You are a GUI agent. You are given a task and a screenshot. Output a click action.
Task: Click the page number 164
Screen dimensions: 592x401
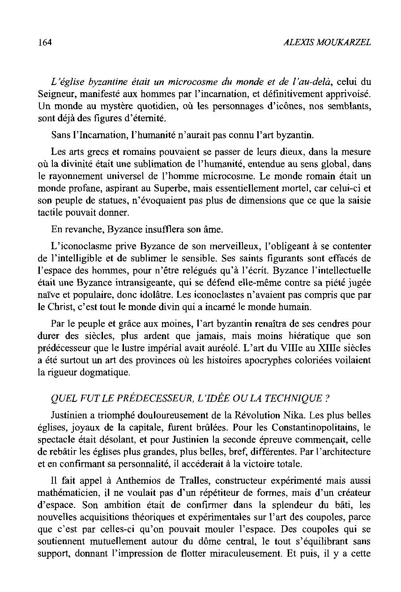pos(45,43)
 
